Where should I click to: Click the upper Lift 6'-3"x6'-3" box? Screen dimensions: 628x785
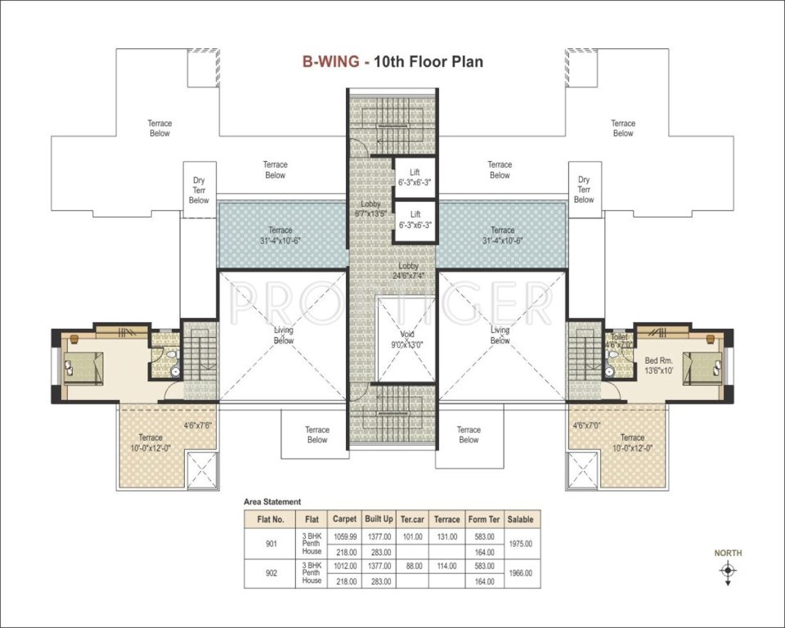point(415,177)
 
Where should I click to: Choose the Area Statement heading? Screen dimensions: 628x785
point(272,501)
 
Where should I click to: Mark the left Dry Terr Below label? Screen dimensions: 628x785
point(199,190)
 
